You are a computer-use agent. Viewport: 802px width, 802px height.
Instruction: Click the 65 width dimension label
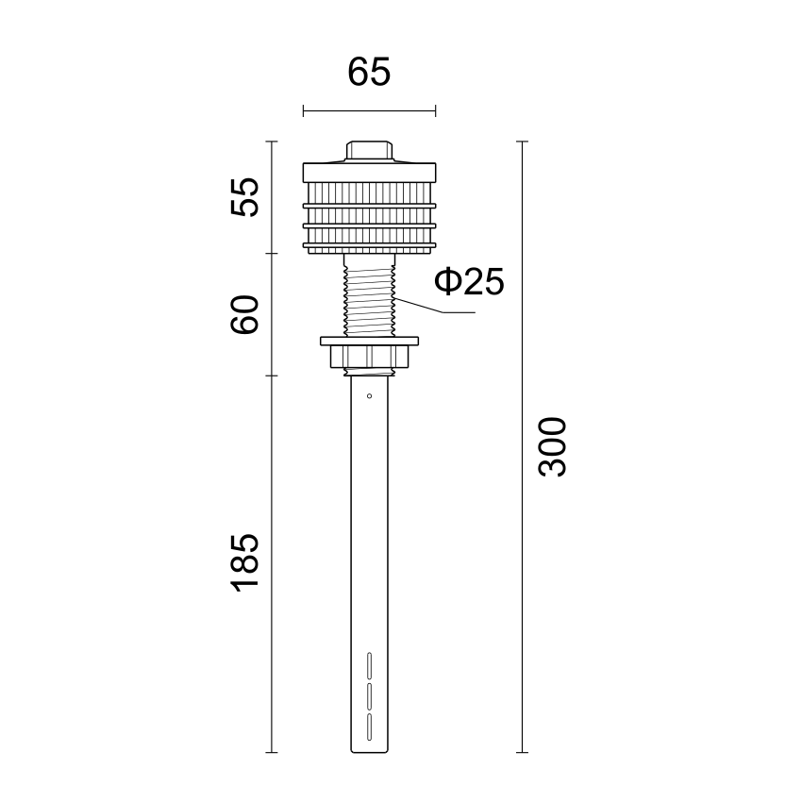pyautogui.click(x=369, y=72)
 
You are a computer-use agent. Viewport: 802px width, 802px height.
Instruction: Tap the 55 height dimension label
pyautogui.click(x=245, y=197)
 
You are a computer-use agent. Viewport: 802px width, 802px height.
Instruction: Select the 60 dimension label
pyautogui.click(x=245, y=314)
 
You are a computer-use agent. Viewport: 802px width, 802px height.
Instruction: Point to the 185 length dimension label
pyautogui.click(x=245, y=563)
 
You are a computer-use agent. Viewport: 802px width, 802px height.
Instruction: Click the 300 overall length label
pyautogui.click(x=552, y=447)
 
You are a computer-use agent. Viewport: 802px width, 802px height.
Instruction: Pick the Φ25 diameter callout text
pyautogui.click(x=469, y=281)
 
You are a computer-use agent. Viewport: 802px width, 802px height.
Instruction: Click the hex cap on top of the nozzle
pyautogui.click(x=369, y=151)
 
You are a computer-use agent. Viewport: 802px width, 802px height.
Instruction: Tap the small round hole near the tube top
pyautogui.click(x=369, y=396)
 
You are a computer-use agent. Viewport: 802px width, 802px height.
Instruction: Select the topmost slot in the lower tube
pyautogui.click(x=369, y=666)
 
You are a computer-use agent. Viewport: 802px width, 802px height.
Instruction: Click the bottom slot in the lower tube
pyautogui.click(x=369, y=727)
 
